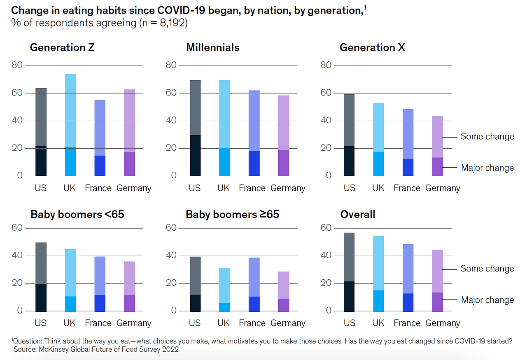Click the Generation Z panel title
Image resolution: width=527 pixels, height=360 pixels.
62,47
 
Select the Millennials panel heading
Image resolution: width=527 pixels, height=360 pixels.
212,47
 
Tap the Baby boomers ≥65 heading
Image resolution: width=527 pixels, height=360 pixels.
232,215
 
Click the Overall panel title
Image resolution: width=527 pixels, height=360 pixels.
357,215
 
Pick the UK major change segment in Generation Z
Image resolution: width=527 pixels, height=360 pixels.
70,161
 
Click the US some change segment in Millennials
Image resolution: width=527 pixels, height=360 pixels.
195,108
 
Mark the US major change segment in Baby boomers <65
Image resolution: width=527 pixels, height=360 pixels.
41,297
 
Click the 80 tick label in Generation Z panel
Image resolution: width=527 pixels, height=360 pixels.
17,65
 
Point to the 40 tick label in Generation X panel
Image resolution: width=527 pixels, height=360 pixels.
326,121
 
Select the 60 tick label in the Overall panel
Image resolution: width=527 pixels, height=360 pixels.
326,228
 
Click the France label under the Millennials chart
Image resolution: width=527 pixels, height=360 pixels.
252,188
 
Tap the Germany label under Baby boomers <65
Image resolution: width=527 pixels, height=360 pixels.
134,323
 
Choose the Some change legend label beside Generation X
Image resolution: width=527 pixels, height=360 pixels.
487,136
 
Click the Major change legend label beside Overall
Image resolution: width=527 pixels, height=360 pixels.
487,300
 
